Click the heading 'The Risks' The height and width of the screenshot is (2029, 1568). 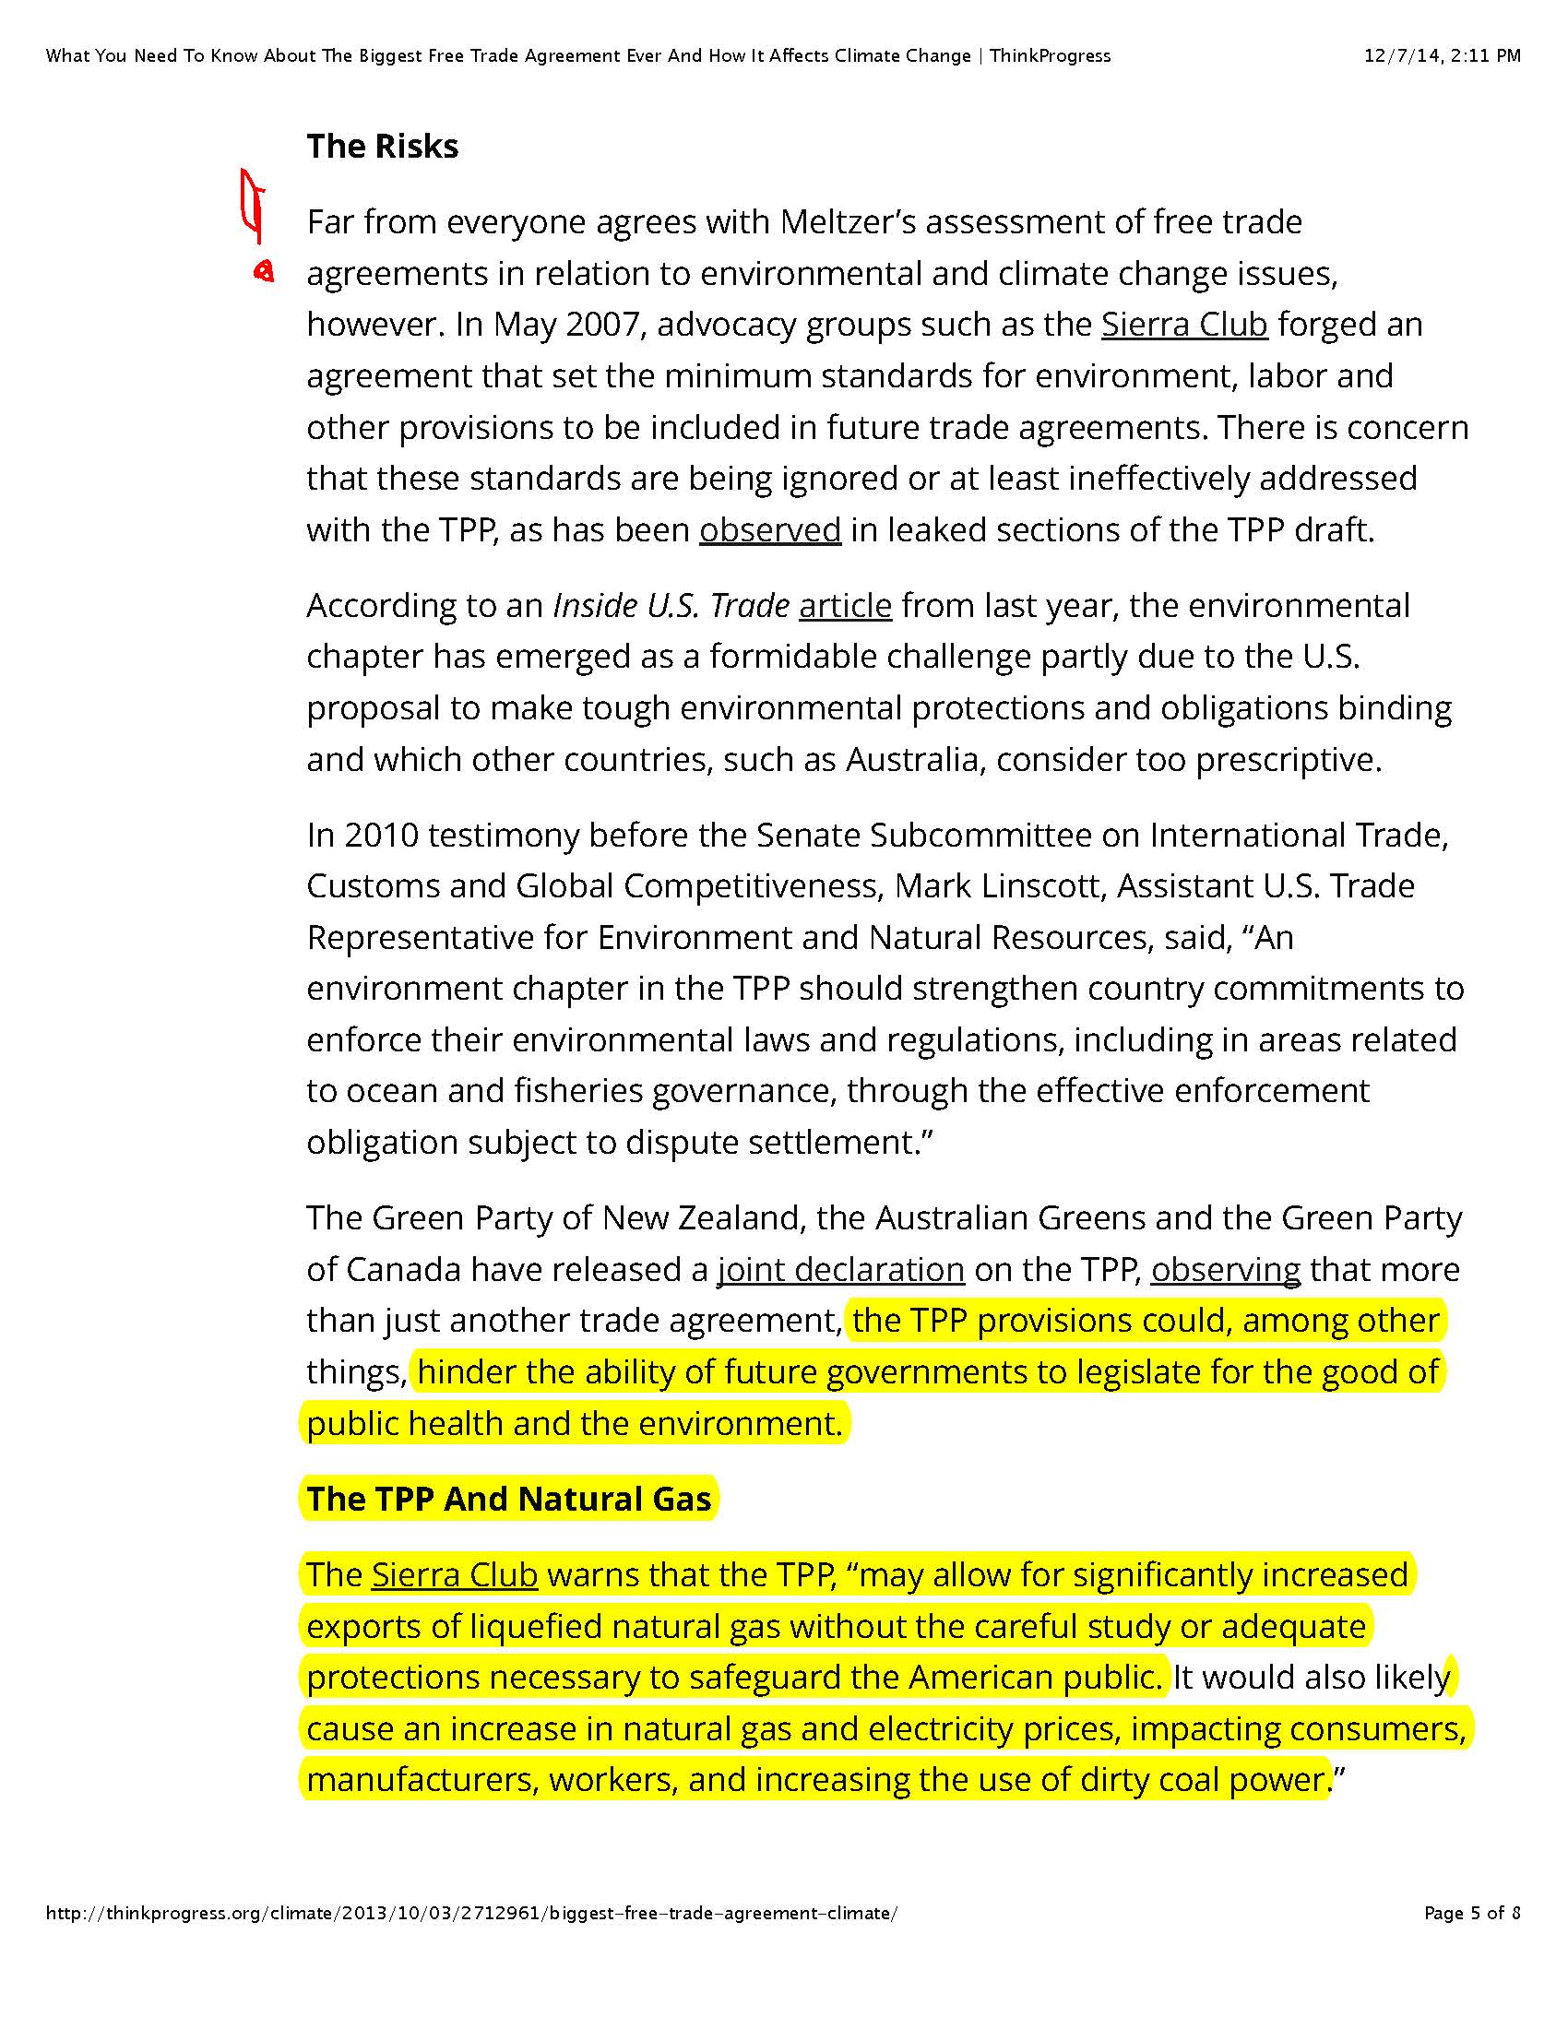click(382, 147)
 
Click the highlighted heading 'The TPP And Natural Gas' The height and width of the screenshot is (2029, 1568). click(508, 1499)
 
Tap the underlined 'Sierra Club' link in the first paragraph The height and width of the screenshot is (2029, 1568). click(1183, 325)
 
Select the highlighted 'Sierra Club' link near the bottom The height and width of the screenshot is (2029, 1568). click(454, 1574)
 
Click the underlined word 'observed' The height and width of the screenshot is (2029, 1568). click(770, 529)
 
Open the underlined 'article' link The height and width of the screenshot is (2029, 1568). click(844, 605)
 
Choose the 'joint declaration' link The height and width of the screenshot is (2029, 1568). click(840, 1269)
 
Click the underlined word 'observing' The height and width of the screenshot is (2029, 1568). click(1225, 1269)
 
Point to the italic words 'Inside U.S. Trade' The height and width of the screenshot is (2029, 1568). click(671, 605)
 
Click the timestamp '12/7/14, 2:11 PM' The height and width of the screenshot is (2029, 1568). click(1442, 55)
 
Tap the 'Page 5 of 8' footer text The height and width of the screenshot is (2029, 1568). click(1472, 1913)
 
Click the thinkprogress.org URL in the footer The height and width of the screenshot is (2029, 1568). click(471, 1913)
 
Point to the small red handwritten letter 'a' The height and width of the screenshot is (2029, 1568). click(264, 271)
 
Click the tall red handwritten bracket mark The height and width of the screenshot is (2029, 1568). click(251, 205)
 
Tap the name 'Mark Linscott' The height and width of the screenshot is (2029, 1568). click(999, 886)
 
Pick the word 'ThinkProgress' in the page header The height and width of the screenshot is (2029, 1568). click(1050, 55)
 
